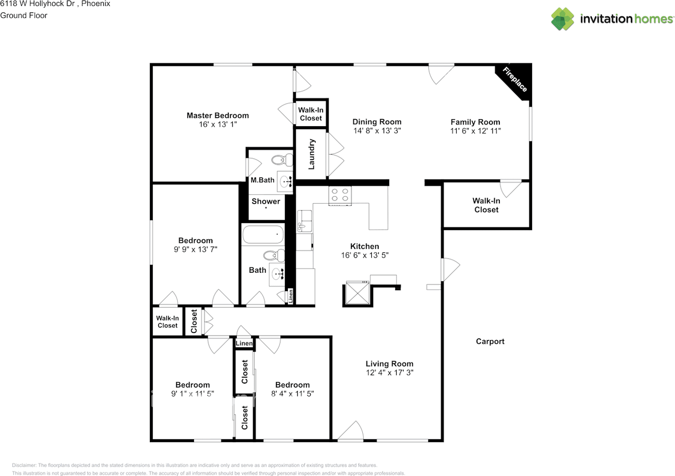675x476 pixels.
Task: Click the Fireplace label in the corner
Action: coord(515,80)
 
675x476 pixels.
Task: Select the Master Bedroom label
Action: coord(218,116)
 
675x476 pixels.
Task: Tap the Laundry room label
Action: coord(311,154)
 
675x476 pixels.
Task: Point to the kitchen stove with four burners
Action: coord(340,195)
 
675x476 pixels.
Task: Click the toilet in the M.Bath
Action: coord(282,159)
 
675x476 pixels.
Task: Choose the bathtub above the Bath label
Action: coord(263,234)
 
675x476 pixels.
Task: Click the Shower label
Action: coord(266,201)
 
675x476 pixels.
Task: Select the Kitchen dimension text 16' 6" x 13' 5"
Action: coord(364,255)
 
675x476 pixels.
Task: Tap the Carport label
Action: coord(490,341)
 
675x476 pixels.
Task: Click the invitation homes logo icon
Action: coord(563,19)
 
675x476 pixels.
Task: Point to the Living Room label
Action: coord(389,364)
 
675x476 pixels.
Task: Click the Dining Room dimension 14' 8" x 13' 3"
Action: coord(377,131)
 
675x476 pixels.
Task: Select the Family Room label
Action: coord(475,122)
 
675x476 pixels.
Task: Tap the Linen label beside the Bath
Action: coord(291,296)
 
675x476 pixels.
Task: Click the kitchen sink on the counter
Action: coord(304,221)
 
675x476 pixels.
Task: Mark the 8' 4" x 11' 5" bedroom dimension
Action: coord(292,394)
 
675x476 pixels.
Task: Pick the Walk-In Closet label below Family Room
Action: coord(486,205)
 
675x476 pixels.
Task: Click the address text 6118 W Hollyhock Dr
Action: coord(37,4)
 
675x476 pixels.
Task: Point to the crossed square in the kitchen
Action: coord(358,293)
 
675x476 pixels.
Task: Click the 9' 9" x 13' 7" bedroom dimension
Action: coord(195,250)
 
